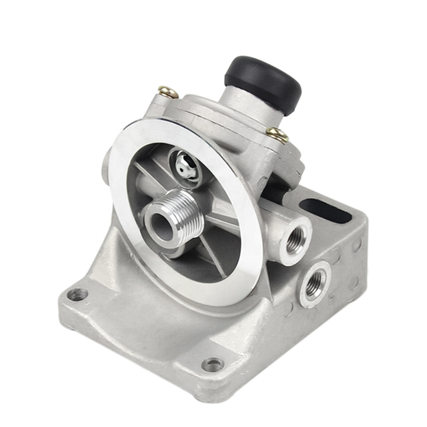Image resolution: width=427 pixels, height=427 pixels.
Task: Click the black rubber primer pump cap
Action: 263,80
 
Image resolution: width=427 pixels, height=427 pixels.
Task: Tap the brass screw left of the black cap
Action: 167,92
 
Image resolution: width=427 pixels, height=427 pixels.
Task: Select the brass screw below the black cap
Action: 277,135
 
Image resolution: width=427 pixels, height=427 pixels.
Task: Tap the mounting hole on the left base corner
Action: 77,294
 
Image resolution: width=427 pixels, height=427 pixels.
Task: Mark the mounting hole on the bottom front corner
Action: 213,364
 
